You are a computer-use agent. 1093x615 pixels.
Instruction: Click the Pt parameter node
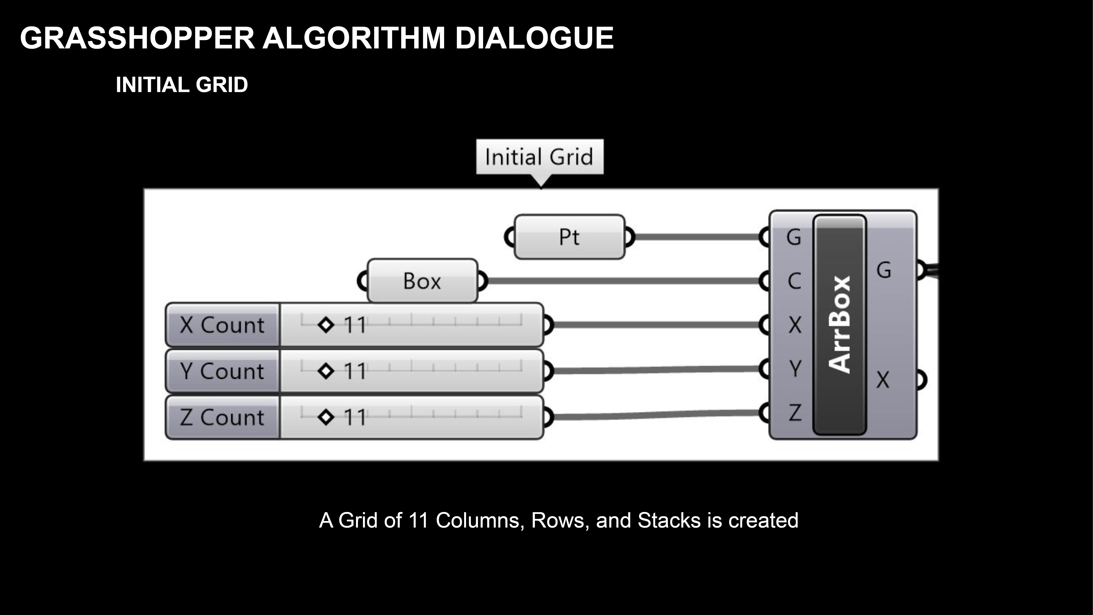(x=569, y=237)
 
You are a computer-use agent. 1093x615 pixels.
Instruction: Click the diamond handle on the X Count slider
(x=326, y=325)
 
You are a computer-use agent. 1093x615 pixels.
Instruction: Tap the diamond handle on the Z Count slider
(x=326, y=417)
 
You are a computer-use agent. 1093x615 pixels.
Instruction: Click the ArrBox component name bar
(x=839, y=325)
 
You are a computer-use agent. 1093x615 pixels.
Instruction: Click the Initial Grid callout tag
(x=539, y=157)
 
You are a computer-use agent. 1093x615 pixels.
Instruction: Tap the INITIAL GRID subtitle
(x=182, y=85)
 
